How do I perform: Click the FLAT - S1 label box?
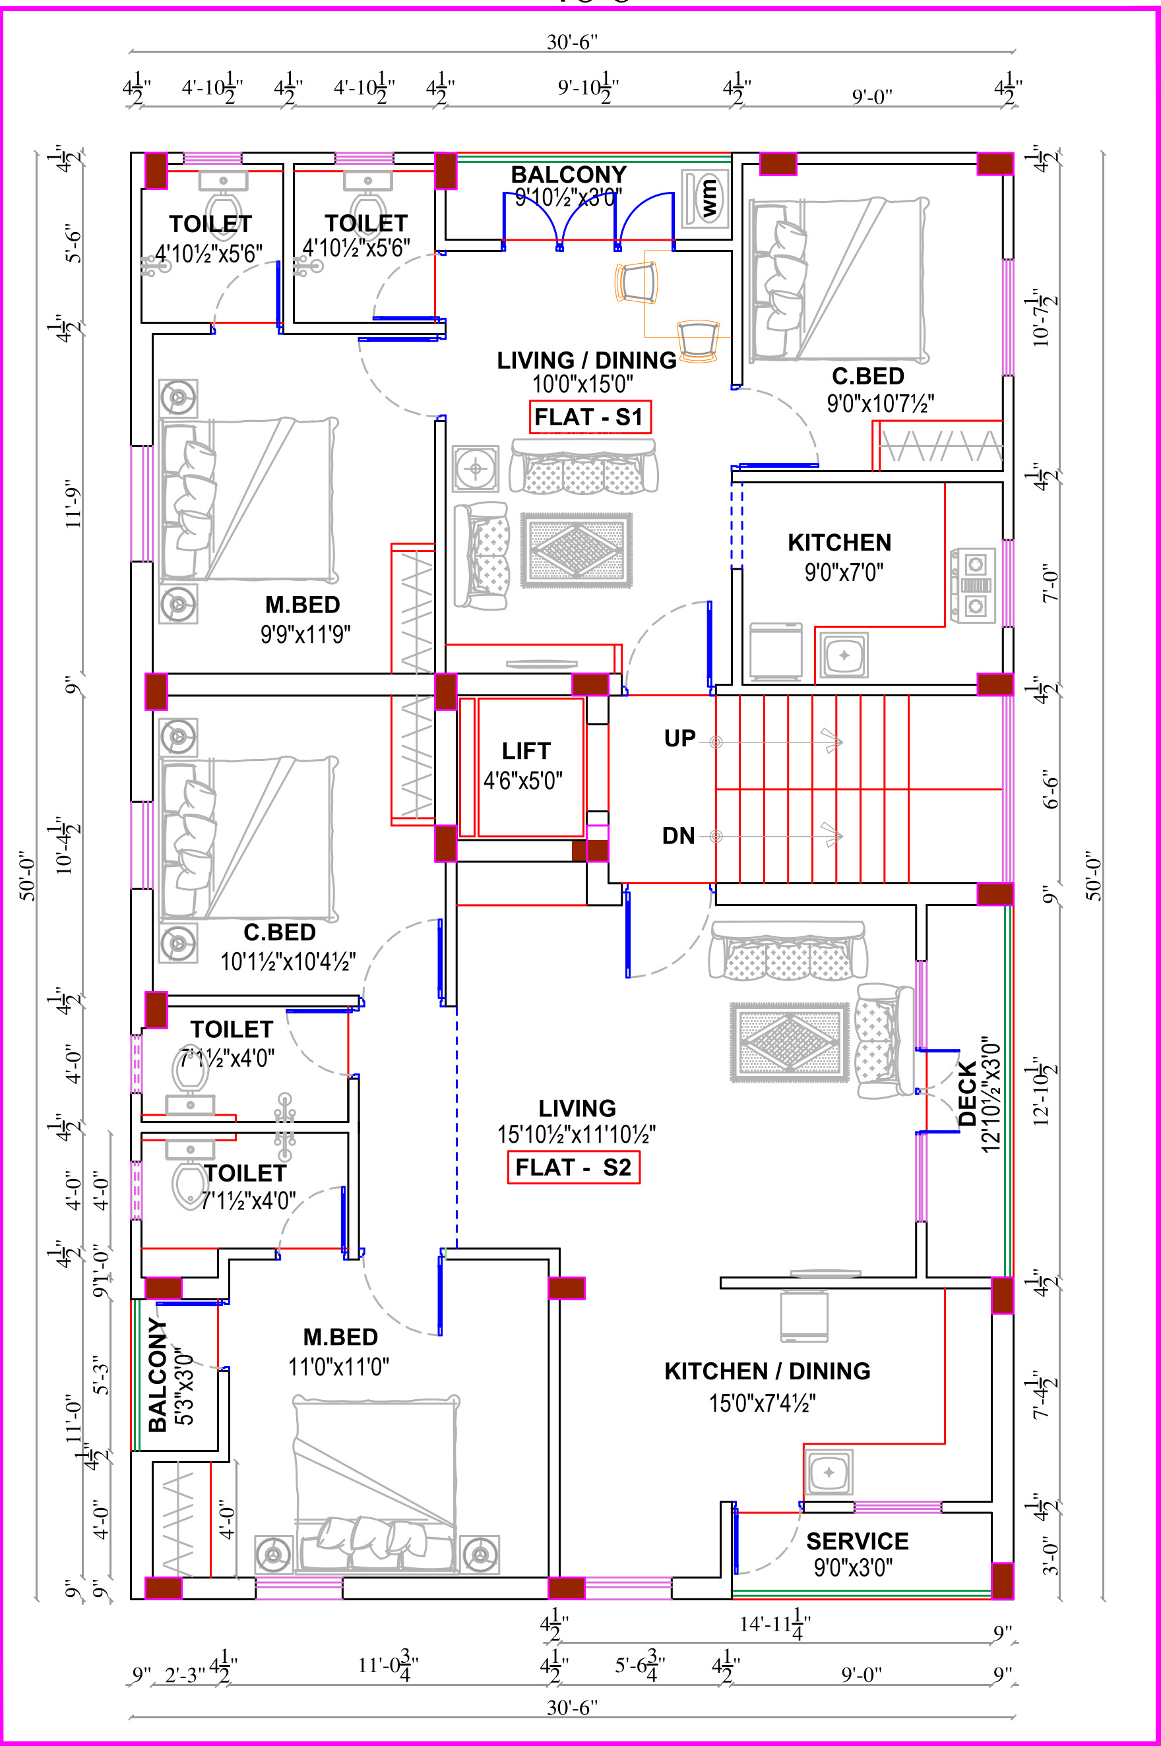(590, 417)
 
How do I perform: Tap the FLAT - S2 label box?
(574, 1167)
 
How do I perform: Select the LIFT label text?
(526, 750)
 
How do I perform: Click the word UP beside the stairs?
(679, 738)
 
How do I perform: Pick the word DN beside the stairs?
(678, 835)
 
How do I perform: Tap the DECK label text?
(967, 1094)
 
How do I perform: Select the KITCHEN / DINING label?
(767, 1371)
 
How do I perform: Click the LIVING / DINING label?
(586, 361)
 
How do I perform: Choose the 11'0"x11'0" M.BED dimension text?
(338, 1366)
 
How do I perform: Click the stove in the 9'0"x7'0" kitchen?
(973, 585)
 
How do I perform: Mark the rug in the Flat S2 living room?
(790, 1042)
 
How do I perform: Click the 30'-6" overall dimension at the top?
(572, 42)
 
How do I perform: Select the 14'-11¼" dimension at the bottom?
(775, 1624)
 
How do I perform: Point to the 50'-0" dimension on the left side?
(28, 875)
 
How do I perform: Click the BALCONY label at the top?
(569, 175)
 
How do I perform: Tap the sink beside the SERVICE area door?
(829, 1472)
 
